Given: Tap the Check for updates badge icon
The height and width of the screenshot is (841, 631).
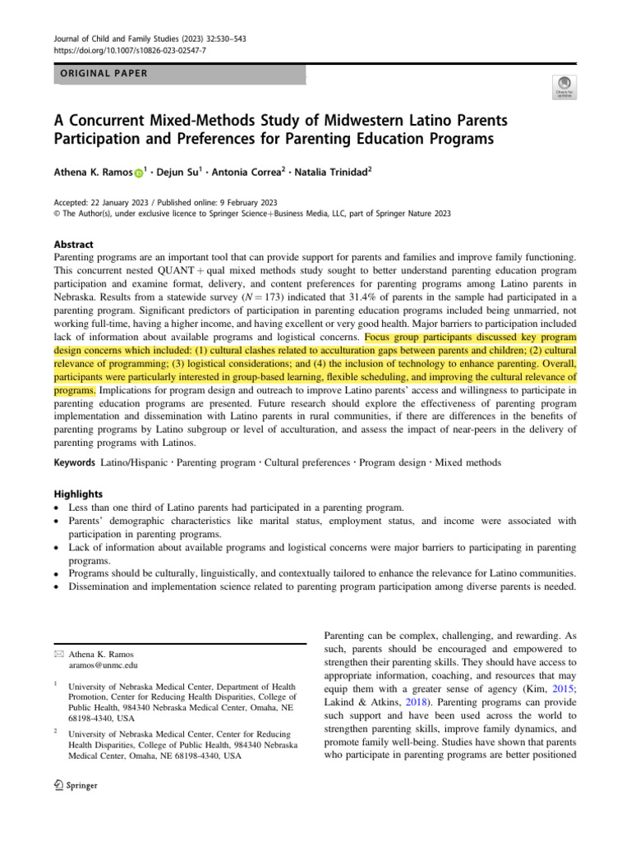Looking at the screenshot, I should tap(566, 86).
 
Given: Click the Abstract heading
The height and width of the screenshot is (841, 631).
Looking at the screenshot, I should tap(73, 245).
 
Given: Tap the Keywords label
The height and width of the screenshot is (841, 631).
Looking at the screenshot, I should tap(75, 463).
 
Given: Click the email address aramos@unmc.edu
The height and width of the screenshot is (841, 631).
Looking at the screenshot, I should tap(103, 664).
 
